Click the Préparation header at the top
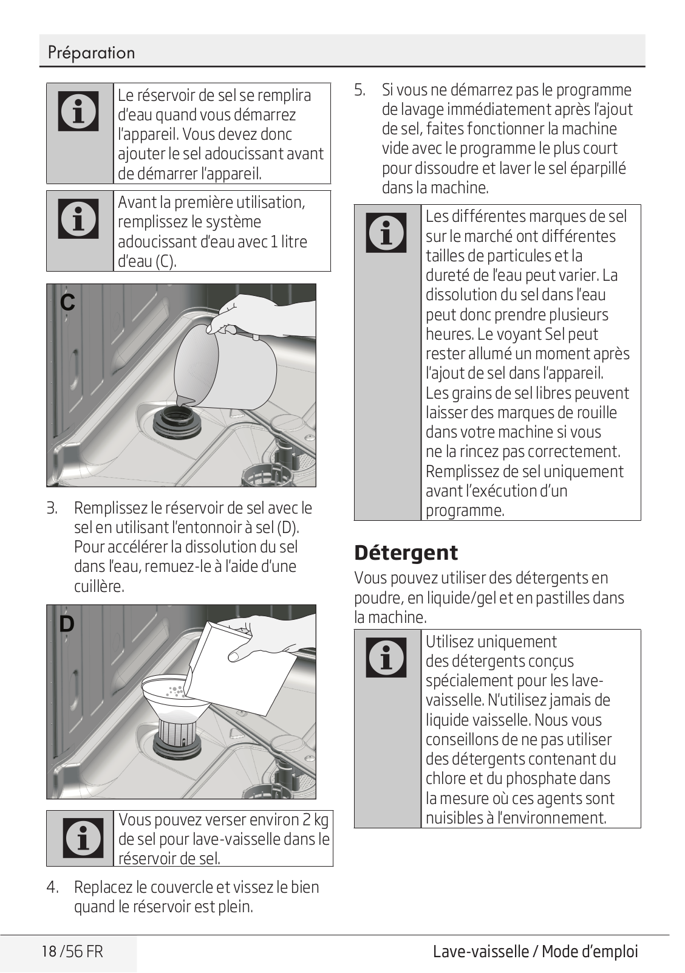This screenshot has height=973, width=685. click(x=91, y=53)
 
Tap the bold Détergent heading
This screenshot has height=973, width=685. click(x=406, y=553)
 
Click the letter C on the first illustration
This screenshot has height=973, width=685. click(x=67, y=302)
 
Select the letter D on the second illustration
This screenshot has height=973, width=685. click(x=67, y=624)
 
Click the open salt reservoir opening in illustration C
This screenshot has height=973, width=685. click(x=176, y=419)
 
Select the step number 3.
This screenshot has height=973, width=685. click(x=52, y=508)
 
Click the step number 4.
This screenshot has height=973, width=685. click(x=52, y=887)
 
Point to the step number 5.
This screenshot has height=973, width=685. click(x=360, y=90)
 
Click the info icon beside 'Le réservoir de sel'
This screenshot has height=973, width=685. click(x=78, y=111)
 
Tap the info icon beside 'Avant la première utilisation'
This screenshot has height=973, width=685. click(x=78, y=219)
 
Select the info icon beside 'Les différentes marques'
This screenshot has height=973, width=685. click(x=386, y=232)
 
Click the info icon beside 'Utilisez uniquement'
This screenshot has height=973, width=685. click(x=386, y=657)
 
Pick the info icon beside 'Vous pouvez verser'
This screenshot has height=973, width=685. click(x=83, y=838)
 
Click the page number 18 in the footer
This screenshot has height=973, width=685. click(x=49, y=951)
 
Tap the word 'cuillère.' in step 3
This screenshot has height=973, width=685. click(x=100, y=586)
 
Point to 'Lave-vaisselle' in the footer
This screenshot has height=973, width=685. click(x=481, y=951)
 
